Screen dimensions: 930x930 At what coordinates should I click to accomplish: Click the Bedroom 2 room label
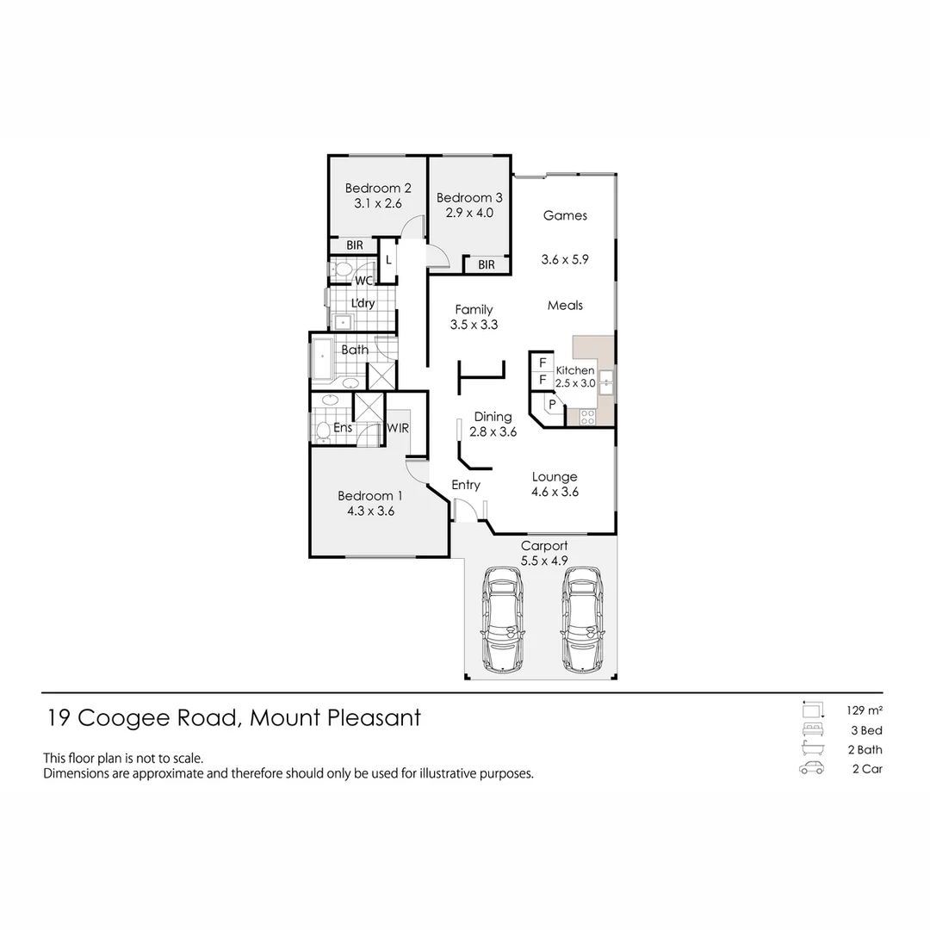(378, 189)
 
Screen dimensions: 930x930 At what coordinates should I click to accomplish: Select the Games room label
(565, 215)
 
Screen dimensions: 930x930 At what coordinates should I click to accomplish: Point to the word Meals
(565, 305)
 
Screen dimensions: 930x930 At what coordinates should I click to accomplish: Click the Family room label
(474, 310)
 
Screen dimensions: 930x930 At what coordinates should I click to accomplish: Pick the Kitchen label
(575, 370)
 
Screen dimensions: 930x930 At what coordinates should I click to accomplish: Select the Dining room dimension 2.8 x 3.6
(493, 432)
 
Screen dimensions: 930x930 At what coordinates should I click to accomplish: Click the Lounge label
(555, 477)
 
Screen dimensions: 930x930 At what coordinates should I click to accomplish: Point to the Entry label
(466, 485)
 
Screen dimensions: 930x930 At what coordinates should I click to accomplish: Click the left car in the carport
(503, 620)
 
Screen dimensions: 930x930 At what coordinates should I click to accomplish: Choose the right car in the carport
(581, 620)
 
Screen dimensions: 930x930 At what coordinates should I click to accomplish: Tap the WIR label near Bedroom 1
(397, 427)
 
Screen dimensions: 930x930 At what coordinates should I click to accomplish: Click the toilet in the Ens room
(322, 430)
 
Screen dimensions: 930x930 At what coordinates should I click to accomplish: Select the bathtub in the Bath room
(323, 359)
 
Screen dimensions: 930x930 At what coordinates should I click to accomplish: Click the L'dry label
(363, 303)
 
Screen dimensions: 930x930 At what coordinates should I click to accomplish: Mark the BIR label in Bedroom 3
(487, 264)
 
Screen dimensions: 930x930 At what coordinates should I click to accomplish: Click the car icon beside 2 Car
(811, 769)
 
